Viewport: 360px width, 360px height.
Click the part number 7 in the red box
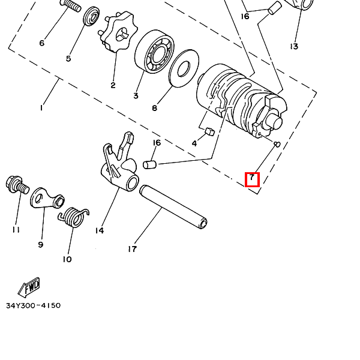tap(252, 178)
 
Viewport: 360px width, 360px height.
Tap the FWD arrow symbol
tap(29, 286)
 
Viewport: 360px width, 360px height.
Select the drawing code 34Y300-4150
tap(33, 305)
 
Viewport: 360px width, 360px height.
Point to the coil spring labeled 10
tap(73, 217)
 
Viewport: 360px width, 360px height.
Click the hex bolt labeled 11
tap(17, 185)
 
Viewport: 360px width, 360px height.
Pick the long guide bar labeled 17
tap(173, 207)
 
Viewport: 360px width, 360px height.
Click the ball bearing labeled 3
tap(154, 52)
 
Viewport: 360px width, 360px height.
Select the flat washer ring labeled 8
tap(184, 68)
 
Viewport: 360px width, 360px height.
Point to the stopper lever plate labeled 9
tap(47, 198)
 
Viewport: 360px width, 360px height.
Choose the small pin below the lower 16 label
tap(149, 164)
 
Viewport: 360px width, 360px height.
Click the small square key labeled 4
tap(209, 132)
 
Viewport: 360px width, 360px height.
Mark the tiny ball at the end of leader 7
tap(277, 145)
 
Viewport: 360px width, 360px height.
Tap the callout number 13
tap(294, 46)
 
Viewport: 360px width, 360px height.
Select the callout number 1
tap(41, 107)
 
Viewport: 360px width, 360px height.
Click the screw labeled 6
tap(70, 5)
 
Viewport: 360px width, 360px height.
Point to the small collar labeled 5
tap(91, 17)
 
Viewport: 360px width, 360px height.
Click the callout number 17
tap(133, 248)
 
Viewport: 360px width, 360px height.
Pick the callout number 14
tap(100, 230)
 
